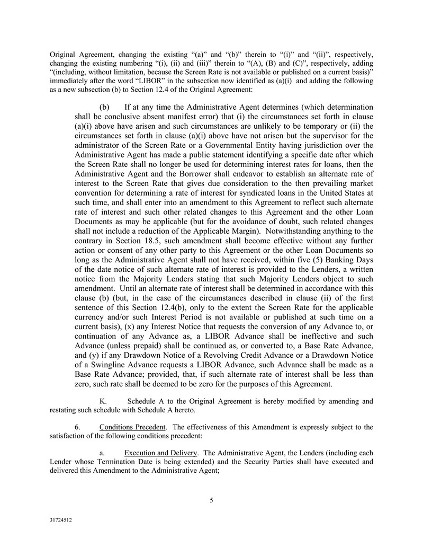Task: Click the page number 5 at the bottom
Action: [x=211, y=500]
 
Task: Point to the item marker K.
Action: [x=103, y=401]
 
